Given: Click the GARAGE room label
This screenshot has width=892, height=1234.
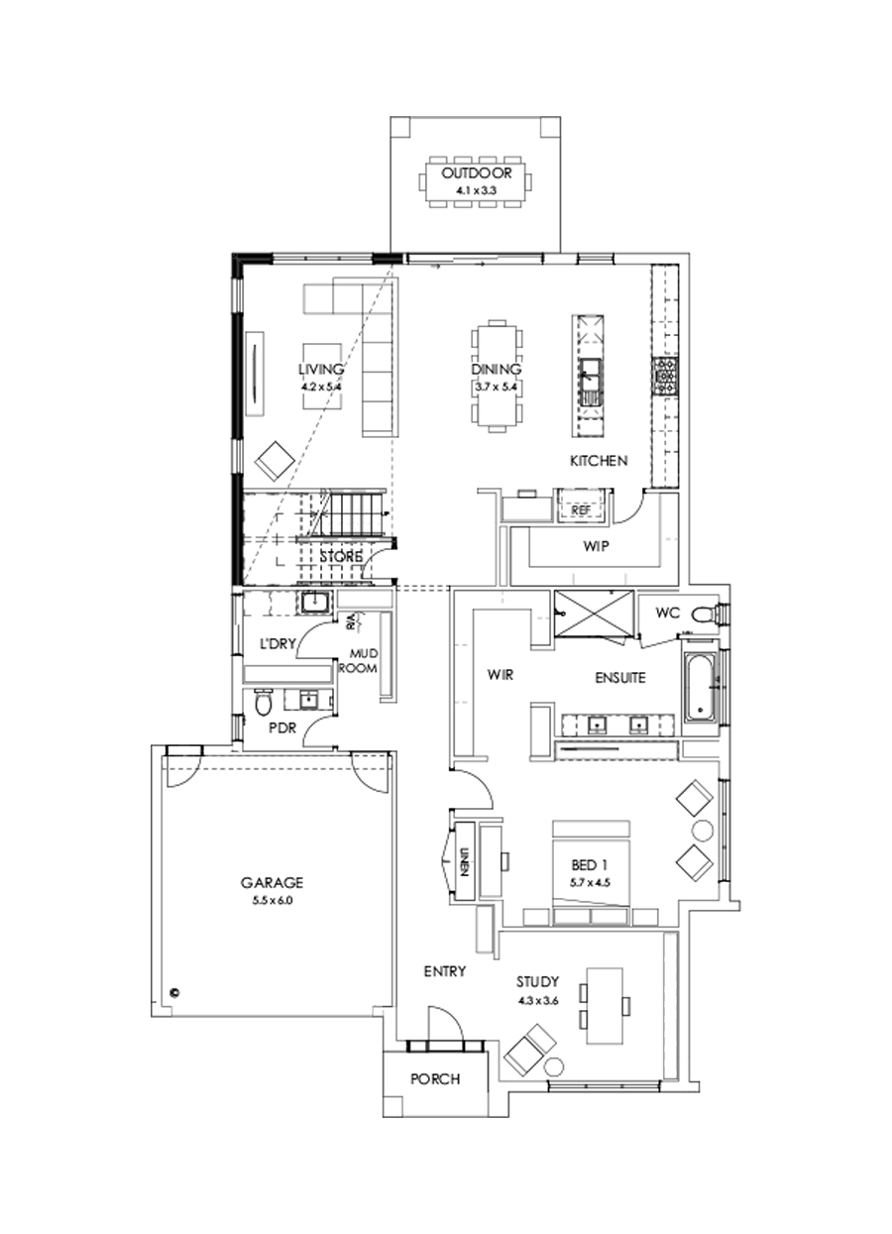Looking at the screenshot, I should click(271, 882).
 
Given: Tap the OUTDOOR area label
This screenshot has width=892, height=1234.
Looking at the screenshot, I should click(477, 173).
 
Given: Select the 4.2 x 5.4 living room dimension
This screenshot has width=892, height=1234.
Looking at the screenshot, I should click(320, 387).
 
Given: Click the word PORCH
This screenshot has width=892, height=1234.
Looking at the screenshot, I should click(435, 1079).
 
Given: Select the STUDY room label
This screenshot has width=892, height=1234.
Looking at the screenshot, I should click(537, 982).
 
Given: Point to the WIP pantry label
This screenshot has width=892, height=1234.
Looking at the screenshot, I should click(595, 546).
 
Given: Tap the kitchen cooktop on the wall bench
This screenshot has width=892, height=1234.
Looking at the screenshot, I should click(664, 376).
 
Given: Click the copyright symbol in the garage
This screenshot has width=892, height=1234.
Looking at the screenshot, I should click(173, 990).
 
